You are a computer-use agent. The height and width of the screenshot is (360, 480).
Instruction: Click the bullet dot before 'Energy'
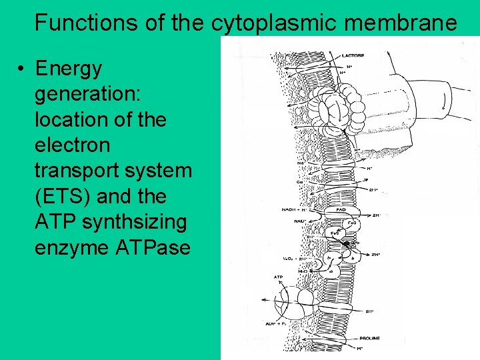pos(22,69)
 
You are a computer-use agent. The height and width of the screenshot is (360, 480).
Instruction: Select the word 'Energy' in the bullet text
pos(69,69)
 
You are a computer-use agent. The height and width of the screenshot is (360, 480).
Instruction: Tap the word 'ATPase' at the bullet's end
pos(153,248)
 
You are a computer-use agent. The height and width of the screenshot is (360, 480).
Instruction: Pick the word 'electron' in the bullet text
pos(72,145)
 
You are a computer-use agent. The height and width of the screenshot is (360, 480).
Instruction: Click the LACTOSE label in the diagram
pos(352,56)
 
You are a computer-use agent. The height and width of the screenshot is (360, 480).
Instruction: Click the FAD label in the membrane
pos(341,209)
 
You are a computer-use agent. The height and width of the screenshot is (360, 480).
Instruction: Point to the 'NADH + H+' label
pos(296,209)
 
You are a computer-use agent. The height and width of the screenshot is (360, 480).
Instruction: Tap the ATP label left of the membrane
pos(279,277)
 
